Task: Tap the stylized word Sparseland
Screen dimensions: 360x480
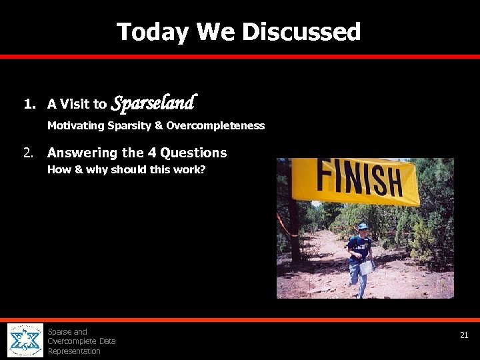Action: [153, 103]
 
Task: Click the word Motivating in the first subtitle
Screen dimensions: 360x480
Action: [75, 125]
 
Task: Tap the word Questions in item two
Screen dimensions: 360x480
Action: [191, 153]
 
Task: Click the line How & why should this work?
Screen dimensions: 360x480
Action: [126, 169]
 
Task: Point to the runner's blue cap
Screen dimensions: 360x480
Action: [362, 226]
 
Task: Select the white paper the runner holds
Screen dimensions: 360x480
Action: [366, 267]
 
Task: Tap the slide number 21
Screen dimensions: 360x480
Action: [464, 335]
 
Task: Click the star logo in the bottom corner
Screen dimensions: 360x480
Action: [25, 341]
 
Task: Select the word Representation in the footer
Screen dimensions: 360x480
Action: [74, 351]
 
